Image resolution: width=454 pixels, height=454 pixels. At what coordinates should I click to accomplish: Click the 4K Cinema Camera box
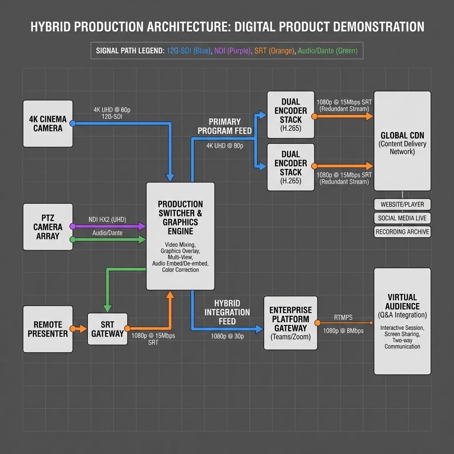48,124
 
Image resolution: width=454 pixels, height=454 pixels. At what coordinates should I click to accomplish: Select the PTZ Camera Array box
48,227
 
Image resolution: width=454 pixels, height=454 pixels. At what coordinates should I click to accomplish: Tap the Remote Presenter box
48,329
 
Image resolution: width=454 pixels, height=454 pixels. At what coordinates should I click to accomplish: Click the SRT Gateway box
107,329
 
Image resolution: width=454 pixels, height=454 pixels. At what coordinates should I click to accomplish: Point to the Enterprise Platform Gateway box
290,323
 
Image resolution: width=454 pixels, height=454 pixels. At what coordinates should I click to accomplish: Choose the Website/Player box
402,204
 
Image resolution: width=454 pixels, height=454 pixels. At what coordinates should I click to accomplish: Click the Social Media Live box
402,218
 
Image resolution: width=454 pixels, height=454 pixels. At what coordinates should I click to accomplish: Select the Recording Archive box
402,231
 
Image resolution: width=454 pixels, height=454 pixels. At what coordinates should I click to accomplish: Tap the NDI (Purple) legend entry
233,51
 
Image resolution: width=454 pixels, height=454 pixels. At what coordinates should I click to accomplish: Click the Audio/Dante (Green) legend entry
328,51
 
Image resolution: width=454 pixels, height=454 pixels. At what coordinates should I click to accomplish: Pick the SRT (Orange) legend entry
274,51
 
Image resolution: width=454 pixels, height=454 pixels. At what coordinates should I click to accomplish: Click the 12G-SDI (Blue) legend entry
189,51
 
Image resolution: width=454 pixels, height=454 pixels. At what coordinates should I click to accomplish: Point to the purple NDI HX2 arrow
109,226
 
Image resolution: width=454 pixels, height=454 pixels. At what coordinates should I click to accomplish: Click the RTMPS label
343,317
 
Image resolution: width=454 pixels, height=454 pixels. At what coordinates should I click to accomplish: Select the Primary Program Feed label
225,126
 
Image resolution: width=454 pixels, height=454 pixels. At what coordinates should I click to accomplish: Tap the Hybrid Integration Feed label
227,312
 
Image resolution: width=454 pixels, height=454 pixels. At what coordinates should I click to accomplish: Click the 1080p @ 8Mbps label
343,331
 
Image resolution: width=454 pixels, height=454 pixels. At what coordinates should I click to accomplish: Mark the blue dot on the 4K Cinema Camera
73,123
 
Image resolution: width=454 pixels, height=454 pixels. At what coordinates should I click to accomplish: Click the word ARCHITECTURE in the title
188,27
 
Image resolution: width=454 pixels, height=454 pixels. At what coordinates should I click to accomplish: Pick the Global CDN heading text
402,136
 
